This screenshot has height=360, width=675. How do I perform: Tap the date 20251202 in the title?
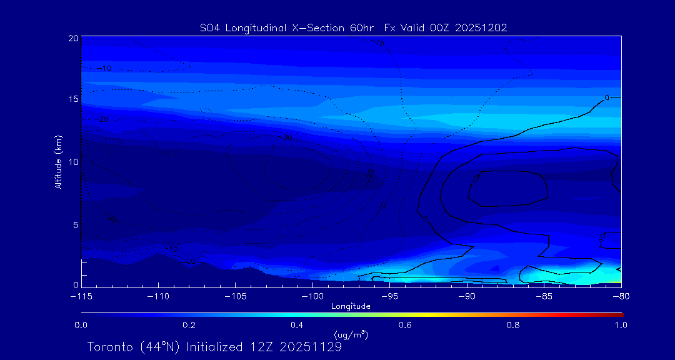coord(481,28)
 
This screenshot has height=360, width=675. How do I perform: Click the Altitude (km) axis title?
coord(58,162)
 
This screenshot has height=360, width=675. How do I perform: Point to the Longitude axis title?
coord(351,306)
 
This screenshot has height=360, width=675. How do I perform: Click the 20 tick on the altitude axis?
coord(73,38)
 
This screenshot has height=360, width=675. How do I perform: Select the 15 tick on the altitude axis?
coord(73,99)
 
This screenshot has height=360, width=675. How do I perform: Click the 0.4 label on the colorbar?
coord(297,325)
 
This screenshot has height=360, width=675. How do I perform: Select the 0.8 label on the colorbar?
coord(514,325)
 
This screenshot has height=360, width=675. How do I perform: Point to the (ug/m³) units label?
coord(351,336)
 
